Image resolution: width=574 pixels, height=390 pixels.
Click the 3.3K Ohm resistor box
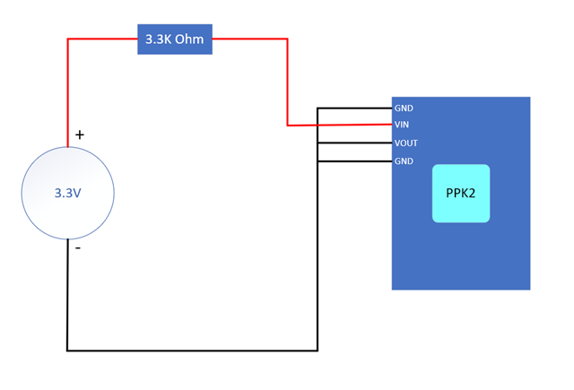tap(175, 39)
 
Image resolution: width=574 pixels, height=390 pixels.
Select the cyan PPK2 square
tap(461, 193)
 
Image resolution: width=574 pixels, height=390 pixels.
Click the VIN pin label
tap(402, 125)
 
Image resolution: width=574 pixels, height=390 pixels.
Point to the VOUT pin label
tap(406, 143)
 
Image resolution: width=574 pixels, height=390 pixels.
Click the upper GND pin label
tap(404, 108)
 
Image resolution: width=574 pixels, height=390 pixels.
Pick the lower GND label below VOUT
tap(404, 161)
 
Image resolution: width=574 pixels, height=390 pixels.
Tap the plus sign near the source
tap(80, 135)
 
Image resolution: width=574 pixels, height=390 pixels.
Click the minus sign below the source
tap(78, 248)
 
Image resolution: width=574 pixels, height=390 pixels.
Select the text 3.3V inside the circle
tap(68, 193)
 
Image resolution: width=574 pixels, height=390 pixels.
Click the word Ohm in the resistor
tap(189, 39)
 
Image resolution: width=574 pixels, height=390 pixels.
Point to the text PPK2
tap(460, 193)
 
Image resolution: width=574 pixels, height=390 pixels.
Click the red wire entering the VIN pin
tap(340, 126)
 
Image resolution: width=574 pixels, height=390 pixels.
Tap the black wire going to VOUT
tap(355, 143)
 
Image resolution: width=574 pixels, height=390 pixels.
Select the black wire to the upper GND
tap(355, 108)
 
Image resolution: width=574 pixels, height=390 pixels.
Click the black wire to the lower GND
tap(355, 161)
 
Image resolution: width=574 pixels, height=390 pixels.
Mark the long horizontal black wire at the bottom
tap(192, 351)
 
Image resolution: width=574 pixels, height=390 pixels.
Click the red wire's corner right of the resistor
tap(287, 39)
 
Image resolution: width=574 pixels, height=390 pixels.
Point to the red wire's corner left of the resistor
tap(68, 39)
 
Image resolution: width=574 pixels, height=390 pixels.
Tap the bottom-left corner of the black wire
tap(67, 351)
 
